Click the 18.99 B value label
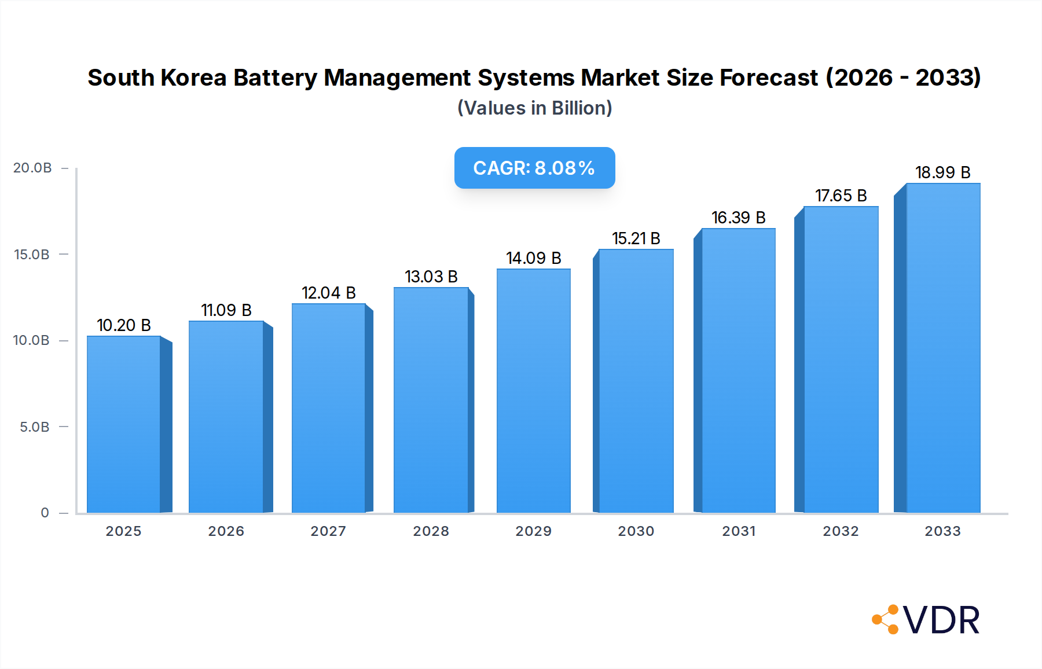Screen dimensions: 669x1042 tap(942, 172)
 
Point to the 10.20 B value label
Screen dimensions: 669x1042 tap(123, 325)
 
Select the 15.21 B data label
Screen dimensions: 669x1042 tap(636, 238)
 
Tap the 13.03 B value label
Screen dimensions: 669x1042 tap(431, 277)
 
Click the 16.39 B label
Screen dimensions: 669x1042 tap(738, 218)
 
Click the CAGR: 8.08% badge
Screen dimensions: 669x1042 tap(534, 168)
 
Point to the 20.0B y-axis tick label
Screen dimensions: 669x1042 tap(32, 168)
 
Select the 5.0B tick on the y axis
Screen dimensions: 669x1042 tap(34, 427)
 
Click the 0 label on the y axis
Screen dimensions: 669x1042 tap(45, 513)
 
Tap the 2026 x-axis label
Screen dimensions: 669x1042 tap(226, 531)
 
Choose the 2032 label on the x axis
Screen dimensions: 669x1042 tap(841, 531)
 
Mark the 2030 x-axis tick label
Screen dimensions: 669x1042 tap(636, 531)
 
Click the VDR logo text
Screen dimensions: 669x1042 tap(941, 620)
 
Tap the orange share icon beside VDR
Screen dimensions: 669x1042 tap(886, 620)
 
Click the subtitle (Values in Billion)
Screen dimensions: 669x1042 tap(534, 108)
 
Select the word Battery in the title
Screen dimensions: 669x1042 tap(275, 78)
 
